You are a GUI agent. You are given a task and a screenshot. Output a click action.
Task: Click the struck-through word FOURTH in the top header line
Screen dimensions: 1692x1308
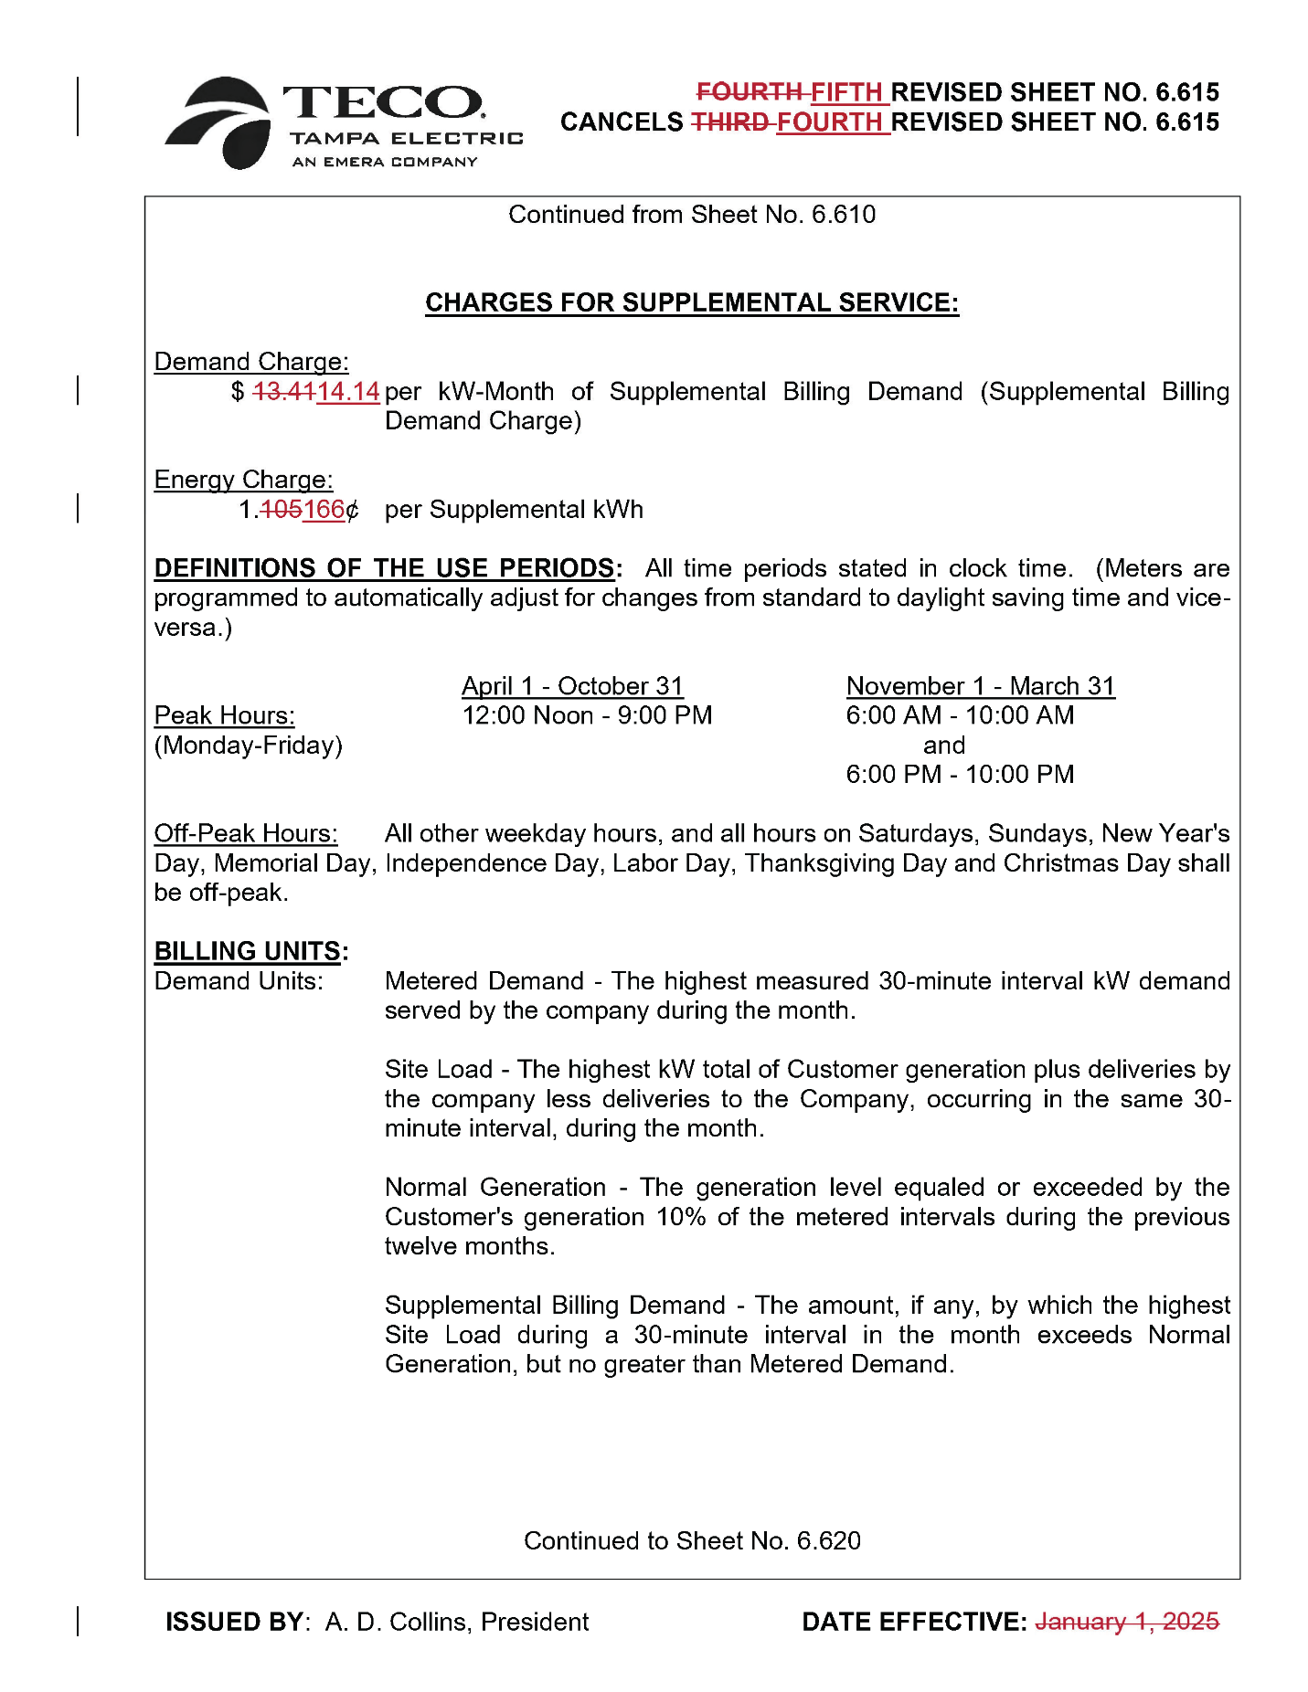point(749,92)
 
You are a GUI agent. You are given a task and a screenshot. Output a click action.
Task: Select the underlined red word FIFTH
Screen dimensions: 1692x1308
point(846,92)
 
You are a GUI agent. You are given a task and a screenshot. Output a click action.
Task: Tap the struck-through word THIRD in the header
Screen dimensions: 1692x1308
point(728,122)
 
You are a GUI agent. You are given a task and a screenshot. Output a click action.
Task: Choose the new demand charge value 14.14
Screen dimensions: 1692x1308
point(348,392)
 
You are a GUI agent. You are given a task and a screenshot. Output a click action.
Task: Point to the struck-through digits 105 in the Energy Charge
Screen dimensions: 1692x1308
point(281,510)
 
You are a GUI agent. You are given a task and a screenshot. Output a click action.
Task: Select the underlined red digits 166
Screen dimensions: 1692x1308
point(324,510)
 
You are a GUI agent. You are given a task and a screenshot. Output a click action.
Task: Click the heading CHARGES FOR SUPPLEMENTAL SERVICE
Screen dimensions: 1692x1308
point(692,302)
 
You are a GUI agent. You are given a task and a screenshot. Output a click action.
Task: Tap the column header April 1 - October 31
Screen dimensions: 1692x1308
point(572,686)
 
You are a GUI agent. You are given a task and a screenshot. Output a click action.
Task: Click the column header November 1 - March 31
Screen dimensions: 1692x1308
point(980,686)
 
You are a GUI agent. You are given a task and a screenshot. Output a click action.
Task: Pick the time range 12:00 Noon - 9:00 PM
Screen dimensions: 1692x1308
point(587,715)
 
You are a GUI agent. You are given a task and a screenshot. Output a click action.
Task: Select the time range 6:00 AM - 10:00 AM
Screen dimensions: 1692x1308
point(960,715)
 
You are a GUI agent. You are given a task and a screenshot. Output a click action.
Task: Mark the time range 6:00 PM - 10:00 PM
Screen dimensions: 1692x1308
point(960,775)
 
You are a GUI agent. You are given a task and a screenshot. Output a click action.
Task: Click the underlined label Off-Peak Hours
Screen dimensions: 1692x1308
point(245,833)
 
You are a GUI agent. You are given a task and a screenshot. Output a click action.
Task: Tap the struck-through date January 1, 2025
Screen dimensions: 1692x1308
point(1126,1622)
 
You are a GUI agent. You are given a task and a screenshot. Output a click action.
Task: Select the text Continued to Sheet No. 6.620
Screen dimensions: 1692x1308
point(692,1541)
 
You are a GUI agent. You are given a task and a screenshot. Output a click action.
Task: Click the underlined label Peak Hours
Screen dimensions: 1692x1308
point(224,715)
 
